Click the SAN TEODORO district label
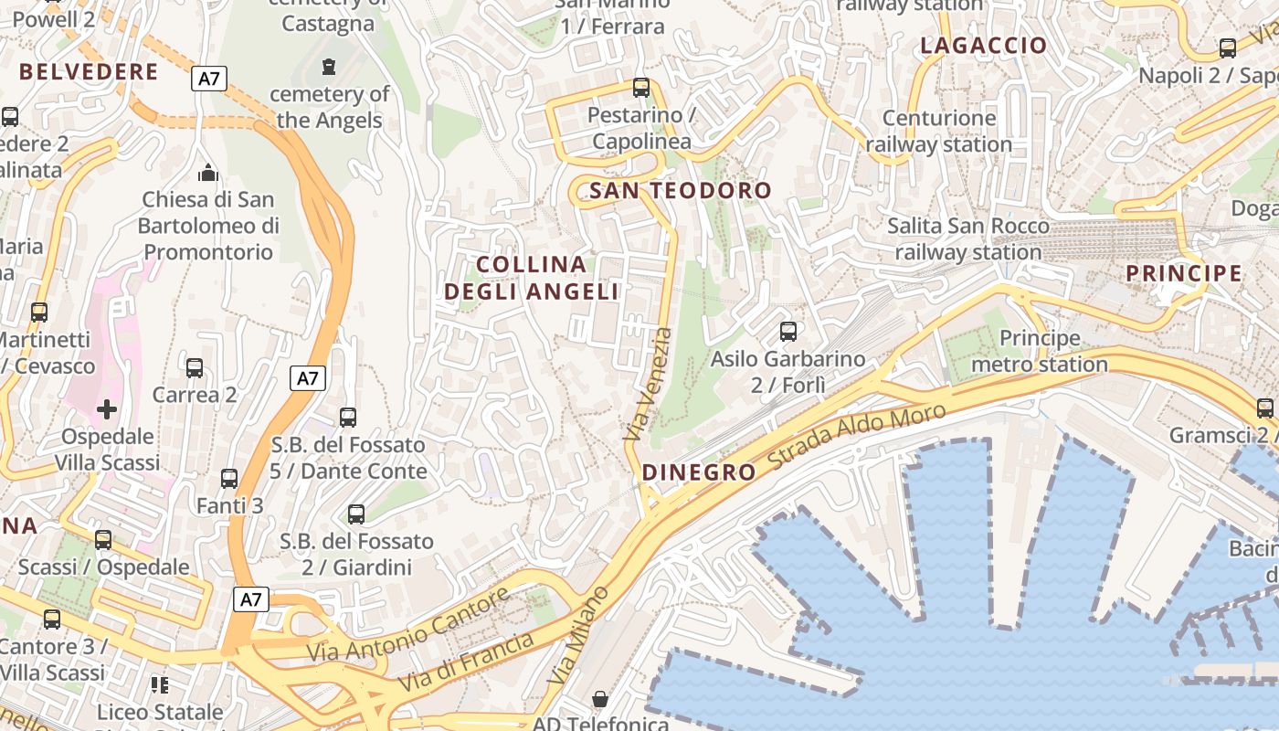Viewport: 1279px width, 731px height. click(x=681, y=191)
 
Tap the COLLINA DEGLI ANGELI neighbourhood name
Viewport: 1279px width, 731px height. click(x=532, y=278)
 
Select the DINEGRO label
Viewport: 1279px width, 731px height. click(x=699, y=472)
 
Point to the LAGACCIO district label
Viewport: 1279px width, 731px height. click(x=983, y=46)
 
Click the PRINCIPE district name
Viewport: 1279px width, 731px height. click(x=1183, y=273)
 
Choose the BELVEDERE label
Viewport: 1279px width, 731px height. click(x=89, y=72)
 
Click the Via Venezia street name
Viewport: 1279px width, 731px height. click(x=648, y=385)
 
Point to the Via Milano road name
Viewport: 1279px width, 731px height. click(x=578, y=636)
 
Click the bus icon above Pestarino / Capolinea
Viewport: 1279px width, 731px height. click(x=641, y=88)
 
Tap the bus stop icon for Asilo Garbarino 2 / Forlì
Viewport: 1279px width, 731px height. click(x=788, y=332)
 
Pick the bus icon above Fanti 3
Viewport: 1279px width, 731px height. click(x=229, y=479)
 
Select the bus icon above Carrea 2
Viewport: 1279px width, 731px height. click(x=195, y=368)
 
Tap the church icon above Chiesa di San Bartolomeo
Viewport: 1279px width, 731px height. click(x=208, y=172)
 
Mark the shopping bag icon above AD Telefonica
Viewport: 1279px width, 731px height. click(x=600, y=699)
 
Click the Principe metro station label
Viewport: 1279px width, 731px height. click(x=1040, y=352)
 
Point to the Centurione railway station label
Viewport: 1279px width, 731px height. click(x=939, y=131)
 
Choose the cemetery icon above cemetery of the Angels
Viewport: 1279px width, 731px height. click(x=329, y=67)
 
